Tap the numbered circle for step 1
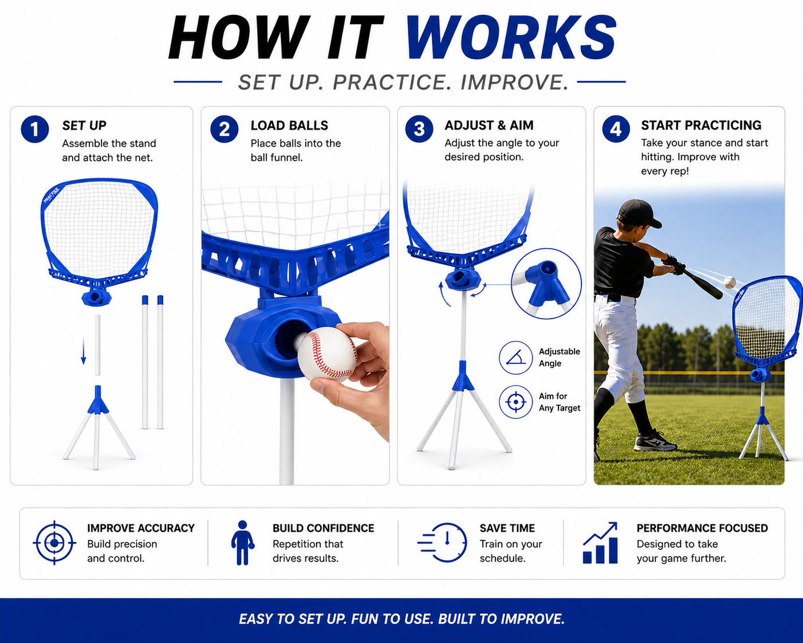point(35,129)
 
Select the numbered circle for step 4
point(616,129)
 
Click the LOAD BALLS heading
point(289,126)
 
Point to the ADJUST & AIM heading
point(489,126)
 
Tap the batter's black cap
point(639,213)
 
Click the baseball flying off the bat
point(730,282)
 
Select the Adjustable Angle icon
point(515,358)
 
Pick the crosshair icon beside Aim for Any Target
point(515,402)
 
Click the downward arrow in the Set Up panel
point(84,351)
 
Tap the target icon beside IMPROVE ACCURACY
point(54,543)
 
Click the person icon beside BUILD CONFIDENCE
point(242,543)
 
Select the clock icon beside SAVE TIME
point(443,543)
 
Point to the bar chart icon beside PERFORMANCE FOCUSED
point(600,543)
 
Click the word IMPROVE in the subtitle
point(514,82)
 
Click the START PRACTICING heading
point(701,126)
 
